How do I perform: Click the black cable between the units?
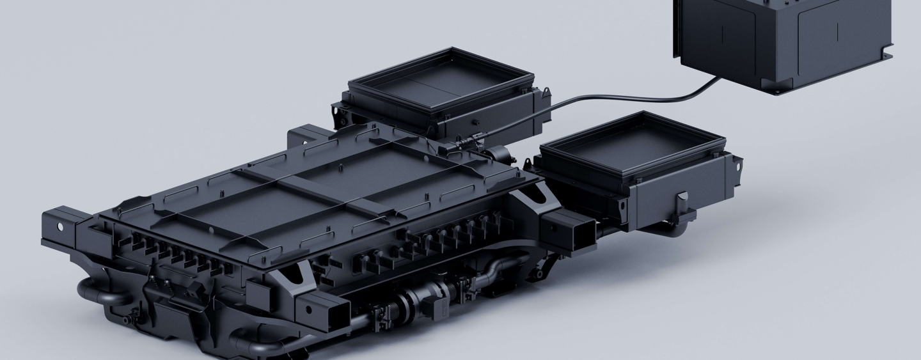pos(614,99)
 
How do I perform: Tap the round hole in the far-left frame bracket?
pos(61,226)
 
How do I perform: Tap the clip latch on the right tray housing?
pos(682,199)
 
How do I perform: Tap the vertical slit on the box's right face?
pos(837,29)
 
